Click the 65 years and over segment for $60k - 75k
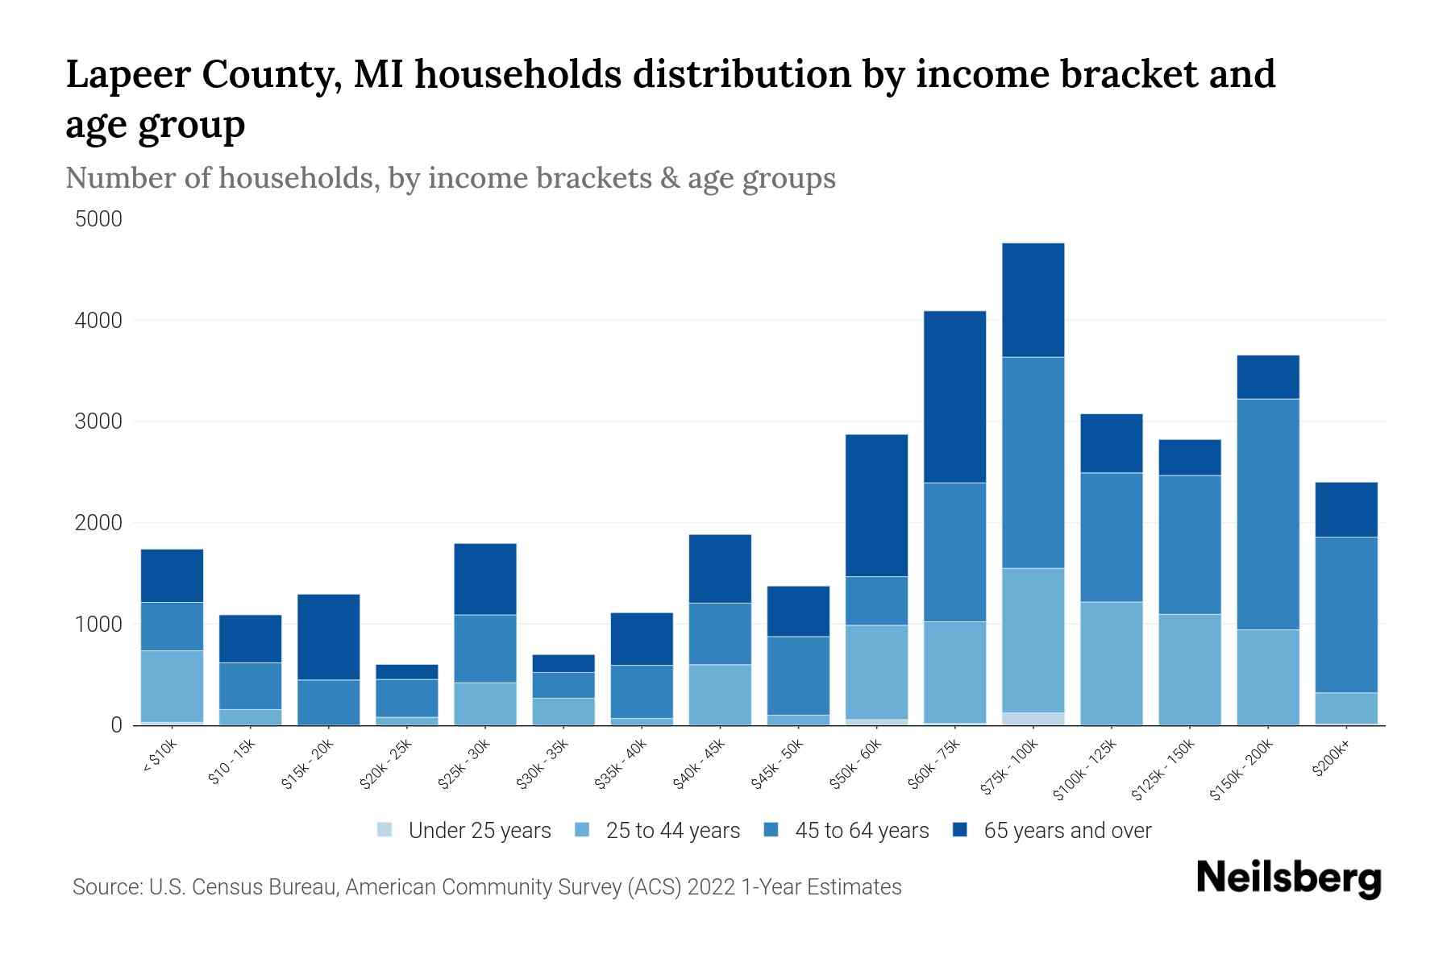tap(954, 396)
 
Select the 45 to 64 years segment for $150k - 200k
tap(1268, 514)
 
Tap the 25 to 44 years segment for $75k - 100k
tap(1033, 640)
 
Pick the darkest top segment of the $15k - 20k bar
tap(328, 637)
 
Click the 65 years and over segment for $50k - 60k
tap(876, 505)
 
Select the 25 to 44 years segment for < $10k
tap(172, 686)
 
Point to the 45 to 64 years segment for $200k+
tap(1346, 614)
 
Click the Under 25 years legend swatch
tap(385, 830)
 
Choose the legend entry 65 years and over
tap(1066, 831)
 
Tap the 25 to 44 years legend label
tap(672, 831)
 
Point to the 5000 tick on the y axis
tap(98, 219)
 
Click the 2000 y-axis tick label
tap(98, 523)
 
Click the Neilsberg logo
tap(1288, 878)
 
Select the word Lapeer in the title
tap(127, 74)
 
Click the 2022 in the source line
tap(710, 887)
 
